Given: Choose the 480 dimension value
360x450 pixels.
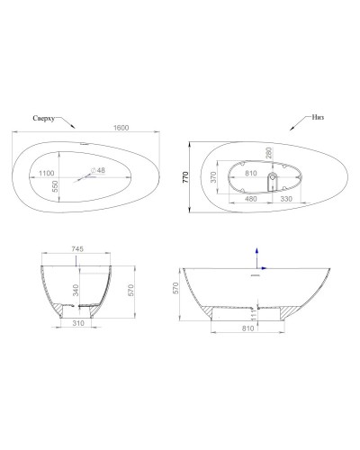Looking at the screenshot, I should point(251,198).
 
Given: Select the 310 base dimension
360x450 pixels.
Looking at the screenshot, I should point(79,322).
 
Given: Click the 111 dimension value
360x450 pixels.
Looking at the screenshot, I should point(256,311).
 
